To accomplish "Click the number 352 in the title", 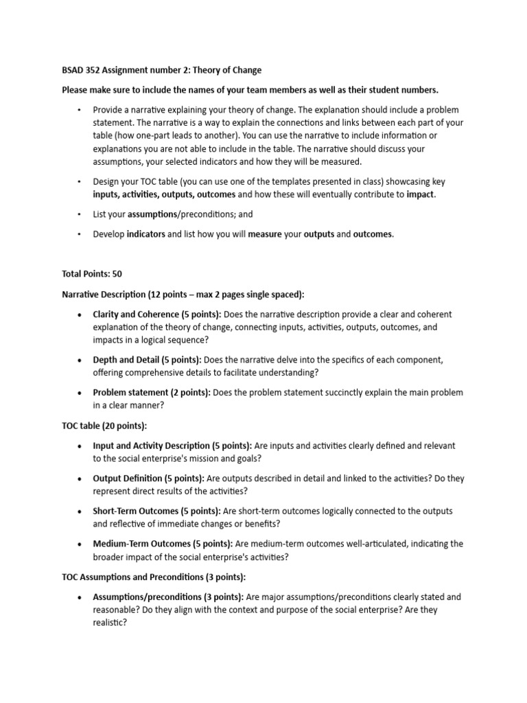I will pos(95,70).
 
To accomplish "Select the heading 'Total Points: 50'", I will pos(92,274).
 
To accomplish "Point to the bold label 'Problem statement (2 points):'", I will pos(152,393).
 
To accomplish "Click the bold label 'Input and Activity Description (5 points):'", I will pos(172,446).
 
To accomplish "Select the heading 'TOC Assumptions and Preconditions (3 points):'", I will pos(154,577).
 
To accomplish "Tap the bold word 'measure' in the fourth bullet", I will pos(265,234).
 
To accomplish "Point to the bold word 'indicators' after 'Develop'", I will pos(145,234).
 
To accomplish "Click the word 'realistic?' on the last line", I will pos(110,623).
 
